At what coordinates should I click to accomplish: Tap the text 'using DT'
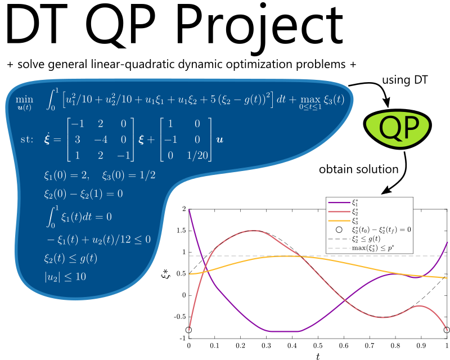404,80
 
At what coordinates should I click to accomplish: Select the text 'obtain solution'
358,169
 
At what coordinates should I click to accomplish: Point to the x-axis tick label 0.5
318,345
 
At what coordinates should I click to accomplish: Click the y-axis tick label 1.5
181,231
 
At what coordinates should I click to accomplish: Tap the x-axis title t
318,356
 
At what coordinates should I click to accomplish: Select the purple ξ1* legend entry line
339,202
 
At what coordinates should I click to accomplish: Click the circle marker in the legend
339,229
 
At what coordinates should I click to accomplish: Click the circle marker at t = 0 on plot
188,330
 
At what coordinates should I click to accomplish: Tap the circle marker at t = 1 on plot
447,330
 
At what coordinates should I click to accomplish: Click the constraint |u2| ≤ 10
65,277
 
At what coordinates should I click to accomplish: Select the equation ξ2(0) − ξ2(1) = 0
83,194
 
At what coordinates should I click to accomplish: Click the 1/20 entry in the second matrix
197,155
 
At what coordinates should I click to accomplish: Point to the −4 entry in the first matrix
101,139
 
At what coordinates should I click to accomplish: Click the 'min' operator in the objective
24,100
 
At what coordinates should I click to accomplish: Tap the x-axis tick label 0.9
421,345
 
